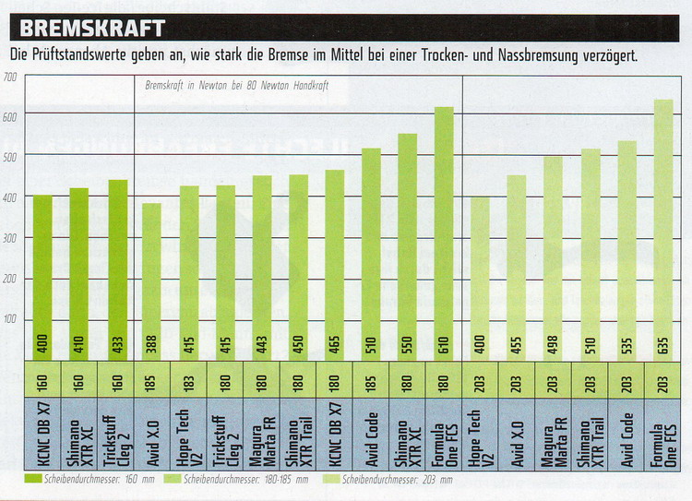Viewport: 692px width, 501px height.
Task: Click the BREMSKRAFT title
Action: click(x=92, y=27)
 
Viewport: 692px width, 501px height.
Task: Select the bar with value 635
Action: click(x=662, y=230)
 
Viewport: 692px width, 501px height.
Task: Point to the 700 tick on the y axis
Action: click(x=11, y=78)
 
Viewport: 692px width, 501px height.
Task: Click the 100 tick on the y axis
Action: click(x=11, y=319)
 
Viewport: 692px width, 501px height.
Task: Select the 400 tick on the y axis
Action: click(x=11, y=197)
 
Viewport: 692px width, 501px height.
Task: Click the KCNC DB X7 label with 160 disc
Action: click(x=42, y=434)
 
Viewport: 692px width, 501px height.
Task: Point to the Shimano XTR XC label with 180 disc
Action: click(x=407, y=434)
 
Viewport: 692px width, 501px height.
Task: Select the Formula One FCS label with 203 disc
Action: click(x=662, y=434)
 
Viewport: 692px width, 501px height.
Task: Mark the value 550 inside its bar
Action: click(x=408, y=341)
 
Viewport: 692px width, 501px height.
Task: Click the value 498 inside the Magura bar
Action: click(x=554, y=341)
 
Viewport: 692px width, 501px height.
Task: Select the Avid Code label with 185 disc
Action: click(x=371, y=434)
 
